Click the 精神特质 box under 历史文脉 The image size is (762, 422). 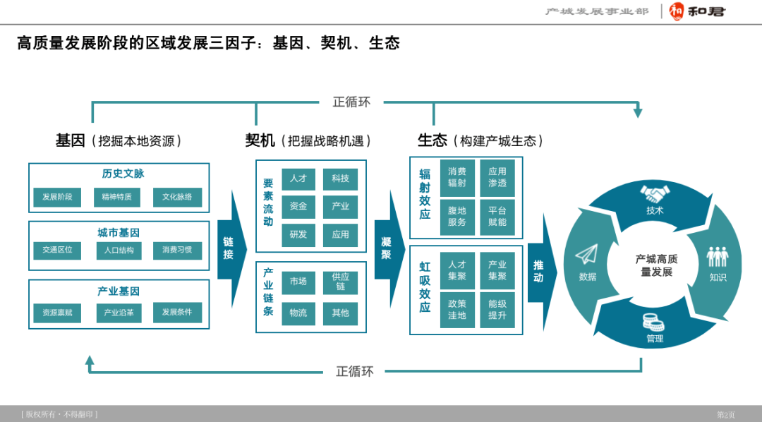[x=116, y=197]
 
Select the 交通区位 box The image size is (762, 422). [x=57, y=250]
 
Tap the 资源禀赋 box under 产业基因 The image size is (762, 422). [x=57, y=312]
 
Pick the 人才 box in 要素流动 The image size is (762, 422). [x=298, y=179]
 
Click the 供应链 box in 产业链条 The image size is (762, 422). [x=340, y=282]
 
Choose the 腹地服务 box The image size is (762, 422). [x=457, y=216]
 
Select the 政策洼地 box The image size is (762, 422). [x=457, y=309]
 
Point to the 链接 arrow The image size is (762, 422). [x=229, y=248]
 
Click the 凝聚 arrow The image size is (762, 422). [x=386, y=248]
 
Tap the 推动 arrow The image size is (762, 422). [x=538, y=272]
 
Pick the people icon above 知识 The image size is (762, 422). [x=718, y=256]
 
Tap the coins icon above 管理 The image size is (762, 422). [x=654, y=322]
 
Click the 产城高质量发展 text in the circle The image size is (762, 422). [x=656, y=265]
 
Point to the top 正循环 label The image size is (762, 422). [x=351, y=102]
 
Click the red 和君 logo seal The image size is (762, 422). [x=677, y=11]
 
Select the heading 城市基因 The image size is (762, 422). [x=119, y=232]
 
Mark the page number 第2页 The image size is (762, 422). [x=726, y=414]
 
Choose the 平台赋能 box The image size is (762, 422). [x=497, y=216]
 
